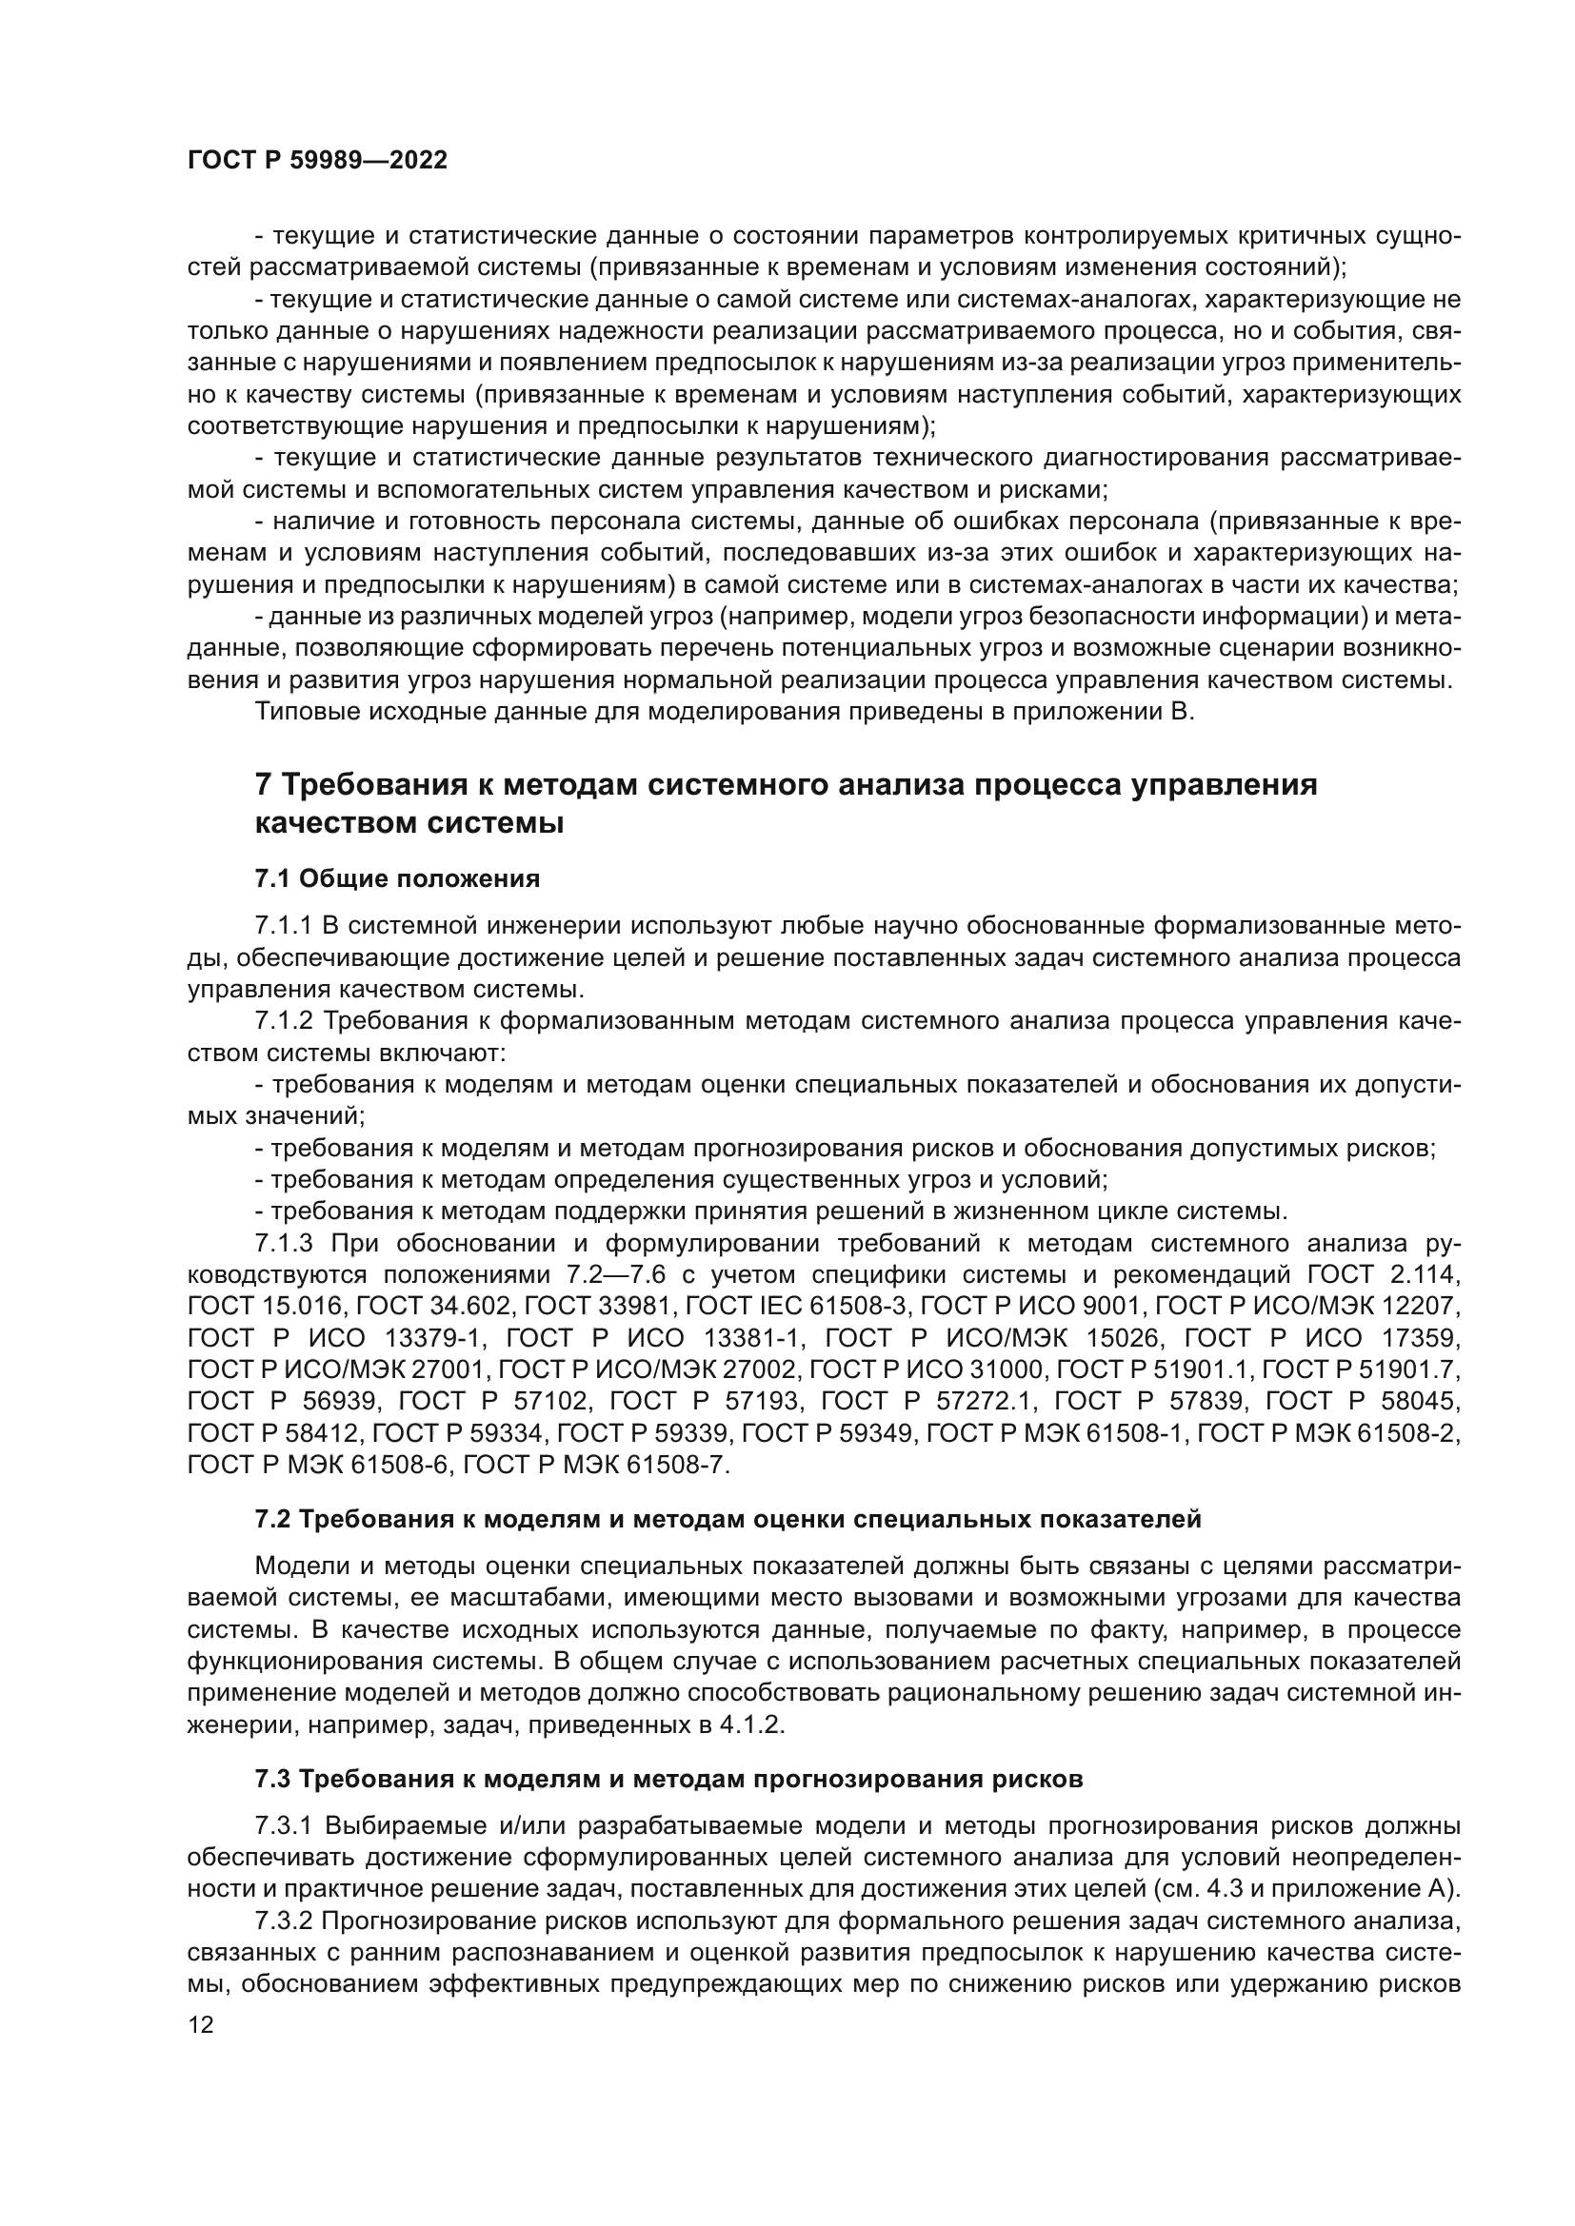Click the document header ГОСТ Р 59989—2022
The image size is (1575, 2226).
[317, 161]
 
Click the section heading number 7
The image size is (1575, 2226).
[263, 784]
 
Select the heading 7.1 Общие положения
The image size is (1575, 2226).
[397, 878]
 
